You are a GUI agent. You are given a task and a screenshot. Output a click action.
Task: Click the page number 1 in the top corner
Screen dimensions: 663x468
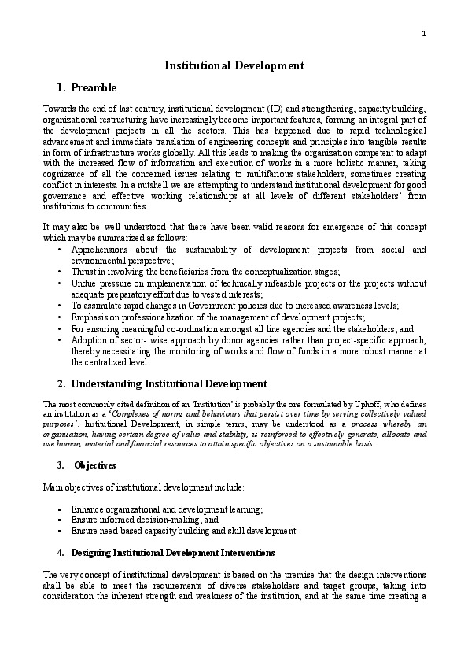pyautogui.click(x=424, y=32)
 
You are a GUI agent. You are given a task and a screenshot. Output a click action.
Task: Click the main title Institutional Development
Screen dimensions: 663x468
pyautogui.click(x=234, y=65)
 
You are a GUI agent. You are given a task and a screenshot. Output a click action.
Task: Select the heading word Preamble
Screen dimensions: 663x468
pyautogui.click(x=94, y=87)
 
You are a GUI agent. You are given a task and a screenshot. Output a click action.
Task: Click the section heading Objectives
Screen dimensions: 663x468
pyautogui.click(x=95, y=465)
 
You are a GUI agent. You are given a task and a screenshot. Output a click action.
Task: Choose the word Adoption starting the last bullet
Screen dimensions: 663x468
pyautogui.click(x=90, y=339)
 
